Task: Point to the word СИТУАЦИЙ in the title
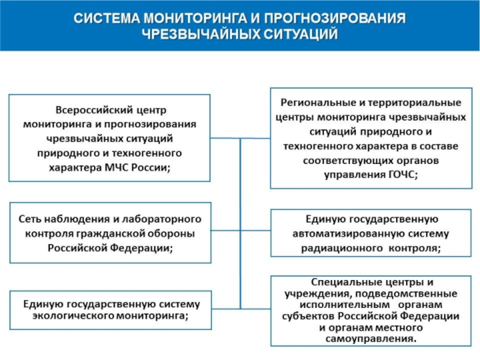click(298, 34)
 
